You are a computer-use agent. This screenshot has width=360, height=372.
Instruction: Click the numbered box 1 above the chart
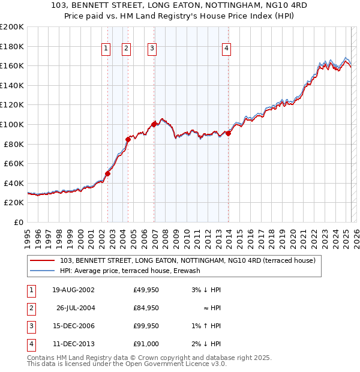[106, 49]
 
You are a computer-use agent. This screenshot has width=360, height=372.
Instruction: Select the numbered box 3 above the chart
[152, 49]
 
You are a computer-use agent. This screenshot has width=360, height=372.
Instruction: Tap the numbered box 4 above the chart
[226, 49]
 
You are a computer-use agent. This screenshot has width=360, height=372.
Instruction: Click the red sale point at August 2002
[108, 173]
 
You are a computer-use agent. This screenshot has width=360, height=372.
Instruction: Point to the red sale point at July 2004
[128, 139]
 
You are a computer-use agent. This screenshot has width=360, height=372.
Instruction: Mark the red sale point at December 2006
[154, 124]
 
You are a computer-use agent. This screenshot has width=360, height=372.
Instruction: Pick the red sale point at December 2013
[229, 133]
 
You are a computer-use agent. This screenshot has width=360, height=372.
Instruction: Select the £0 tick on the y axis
[18, 222]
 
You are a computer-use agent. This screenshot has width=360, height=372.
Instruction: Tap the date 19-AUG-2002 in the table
[73, 290]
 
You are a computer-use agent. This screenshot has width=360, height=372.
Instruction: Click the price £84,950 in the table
[146, 308]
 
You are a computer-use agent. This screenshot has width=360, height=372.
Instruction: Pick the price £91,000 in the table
[146, 344]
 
